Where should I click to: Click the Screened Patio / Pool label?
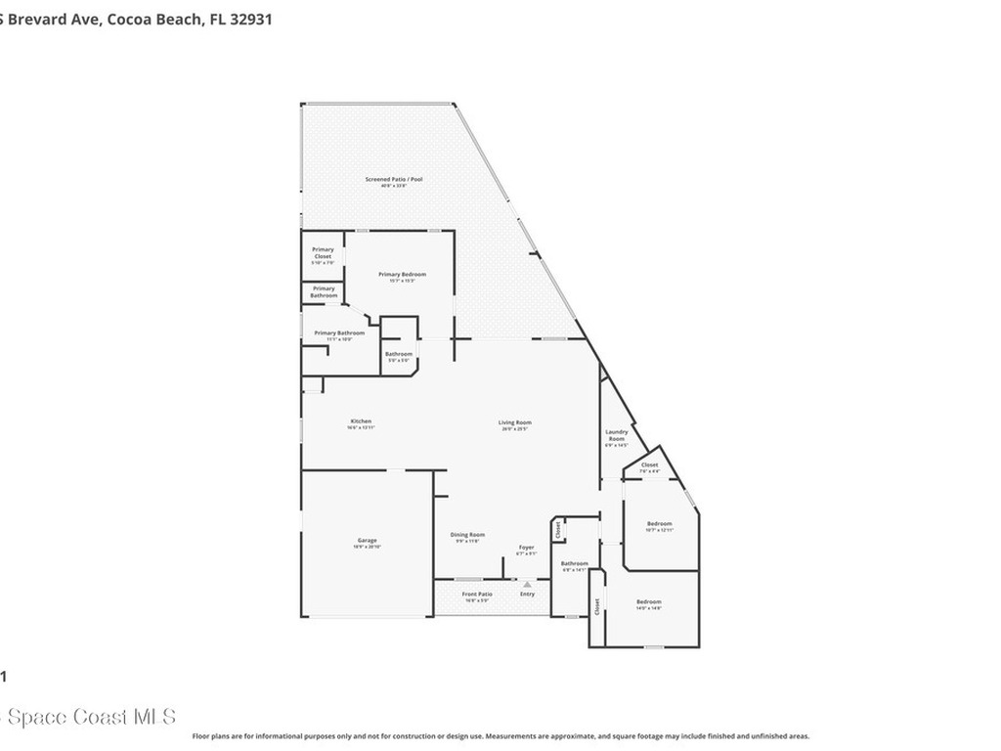pyautogui.click(x=394, y=180)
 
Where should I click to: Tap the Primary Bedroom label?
pyautogui.click(x=402, y=275)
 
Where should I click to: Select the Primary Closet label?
pyautogui.click(x=323, y=253)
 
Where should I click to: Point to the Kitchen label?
pyautogui.click(x=361, y=422)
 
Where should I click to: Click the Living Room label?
pyautogui.click(x=514, y=423)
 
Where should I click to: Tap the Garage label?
pyautogui.click(x=367, y=541)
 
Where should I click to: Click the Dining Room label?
pyautogui.click(x=467, y=535)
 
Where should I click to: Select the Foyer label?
pyautogui.click(x=526, y=548)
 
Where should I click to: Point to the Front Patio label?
pyautogui.click(x=477, y=595)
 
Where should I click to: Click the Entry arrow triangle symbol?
pyautogui.click(x=528, y=585)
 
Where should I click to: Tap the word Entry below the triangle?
pyautogui.click(x=528, y=595)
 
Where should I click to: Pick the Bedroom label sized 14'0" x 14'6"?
pyautogui.click(x=649, y=602)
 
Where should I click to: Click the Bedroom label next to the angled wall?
pyautogui.click(x=659, y=524)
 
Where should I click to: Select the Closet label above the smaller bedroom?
pyautogui.click(x=649, y=465)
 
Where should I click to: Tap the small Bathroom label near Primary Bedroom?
pyautogui.click(x=398, y=354)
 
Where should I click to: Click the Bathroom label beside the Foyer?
pyautogui.click(x=574, y=564)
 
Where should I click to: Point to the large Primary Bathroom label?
pyautogui.click(x=339, y=333)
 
